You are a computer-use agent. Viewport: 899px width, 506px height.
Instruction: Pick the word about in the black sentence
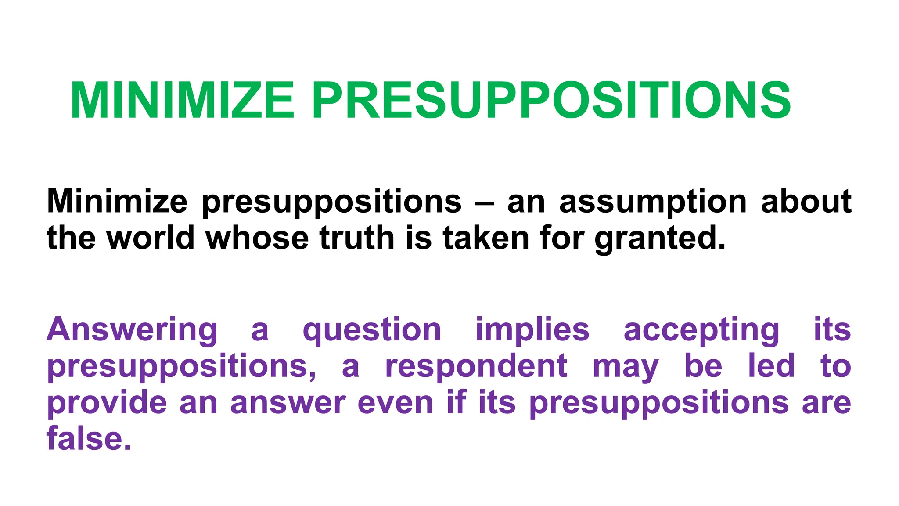point(806,201)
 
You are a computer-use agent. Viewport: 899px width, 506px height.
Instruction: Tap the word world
point(151,238)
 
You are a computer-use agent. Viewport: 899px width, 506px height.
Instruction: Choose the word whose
point(257,238)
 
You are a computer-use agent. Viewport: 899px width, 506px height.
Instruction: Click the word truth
point(357,238)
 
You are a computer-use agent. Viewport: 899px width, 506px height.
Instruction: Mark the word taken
point(486,238)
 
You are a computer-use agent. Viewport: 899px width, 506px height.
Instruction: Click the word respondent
point(476,366)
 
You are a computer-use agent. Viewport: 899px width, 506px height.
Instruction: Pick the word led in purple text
point(771,365)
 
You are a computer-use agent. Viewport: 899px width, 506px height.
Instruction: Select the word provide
point(107,403)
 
